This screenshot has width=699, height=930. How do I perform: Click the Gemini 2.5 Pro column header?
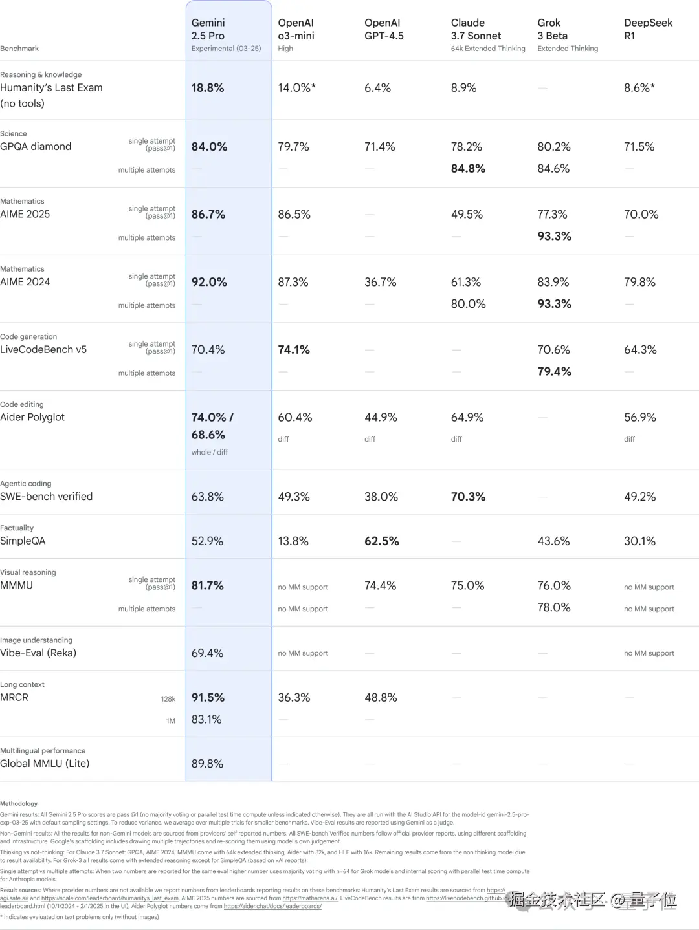coord(208,29)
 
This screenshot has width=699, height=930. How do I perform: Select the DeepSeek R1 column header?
coord(648,29)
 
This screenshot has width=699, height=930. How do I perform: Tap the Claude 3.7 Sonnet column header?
coord(476,29)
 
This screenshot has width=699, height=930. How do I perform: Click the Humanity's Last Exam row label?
coord(51,88)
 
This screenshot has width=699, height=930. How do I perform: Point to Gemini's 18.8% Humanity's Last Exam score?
coord(208,88)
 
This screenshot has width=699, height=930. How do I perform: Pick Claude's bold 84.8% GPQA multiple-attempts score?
coord(468,169)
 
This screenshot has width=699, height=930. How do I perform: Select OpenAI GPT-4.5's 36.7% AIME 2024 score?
coord(380,283)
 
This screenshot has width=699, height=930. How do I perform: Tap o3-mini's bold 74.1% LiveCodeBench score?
coord(294,350)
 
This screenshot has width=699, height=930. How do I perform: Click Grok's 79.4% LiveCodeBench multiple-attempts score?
coord(554,372)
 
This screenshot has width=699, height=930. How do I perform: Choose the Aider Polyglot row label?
coord(32,418)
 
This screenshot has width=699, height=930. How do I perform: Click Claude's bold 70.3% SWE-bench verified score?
coord(468,497)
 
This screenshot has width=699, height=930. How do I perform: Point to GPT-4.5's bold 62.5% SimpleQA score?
coord(381,541)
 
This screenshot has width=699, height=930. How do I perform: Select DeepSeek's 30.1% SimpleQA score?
coord(639,541)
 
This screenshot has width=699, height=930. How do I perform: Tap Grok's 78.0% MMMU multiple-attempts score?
coord(554,608)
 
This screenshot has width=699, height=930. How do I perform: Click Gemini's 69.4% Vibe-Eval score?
coord(207,653)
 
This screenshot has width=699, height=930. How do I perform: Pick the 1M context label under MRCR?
coord(171,721)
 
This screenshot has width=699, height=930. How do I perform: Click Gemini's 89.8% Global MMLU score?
coord(207,764)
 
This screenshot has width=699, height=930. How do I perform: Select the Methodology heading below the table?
coord(19,804)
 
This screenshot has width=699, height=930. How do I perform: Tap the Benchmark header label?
coord(19,49)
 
